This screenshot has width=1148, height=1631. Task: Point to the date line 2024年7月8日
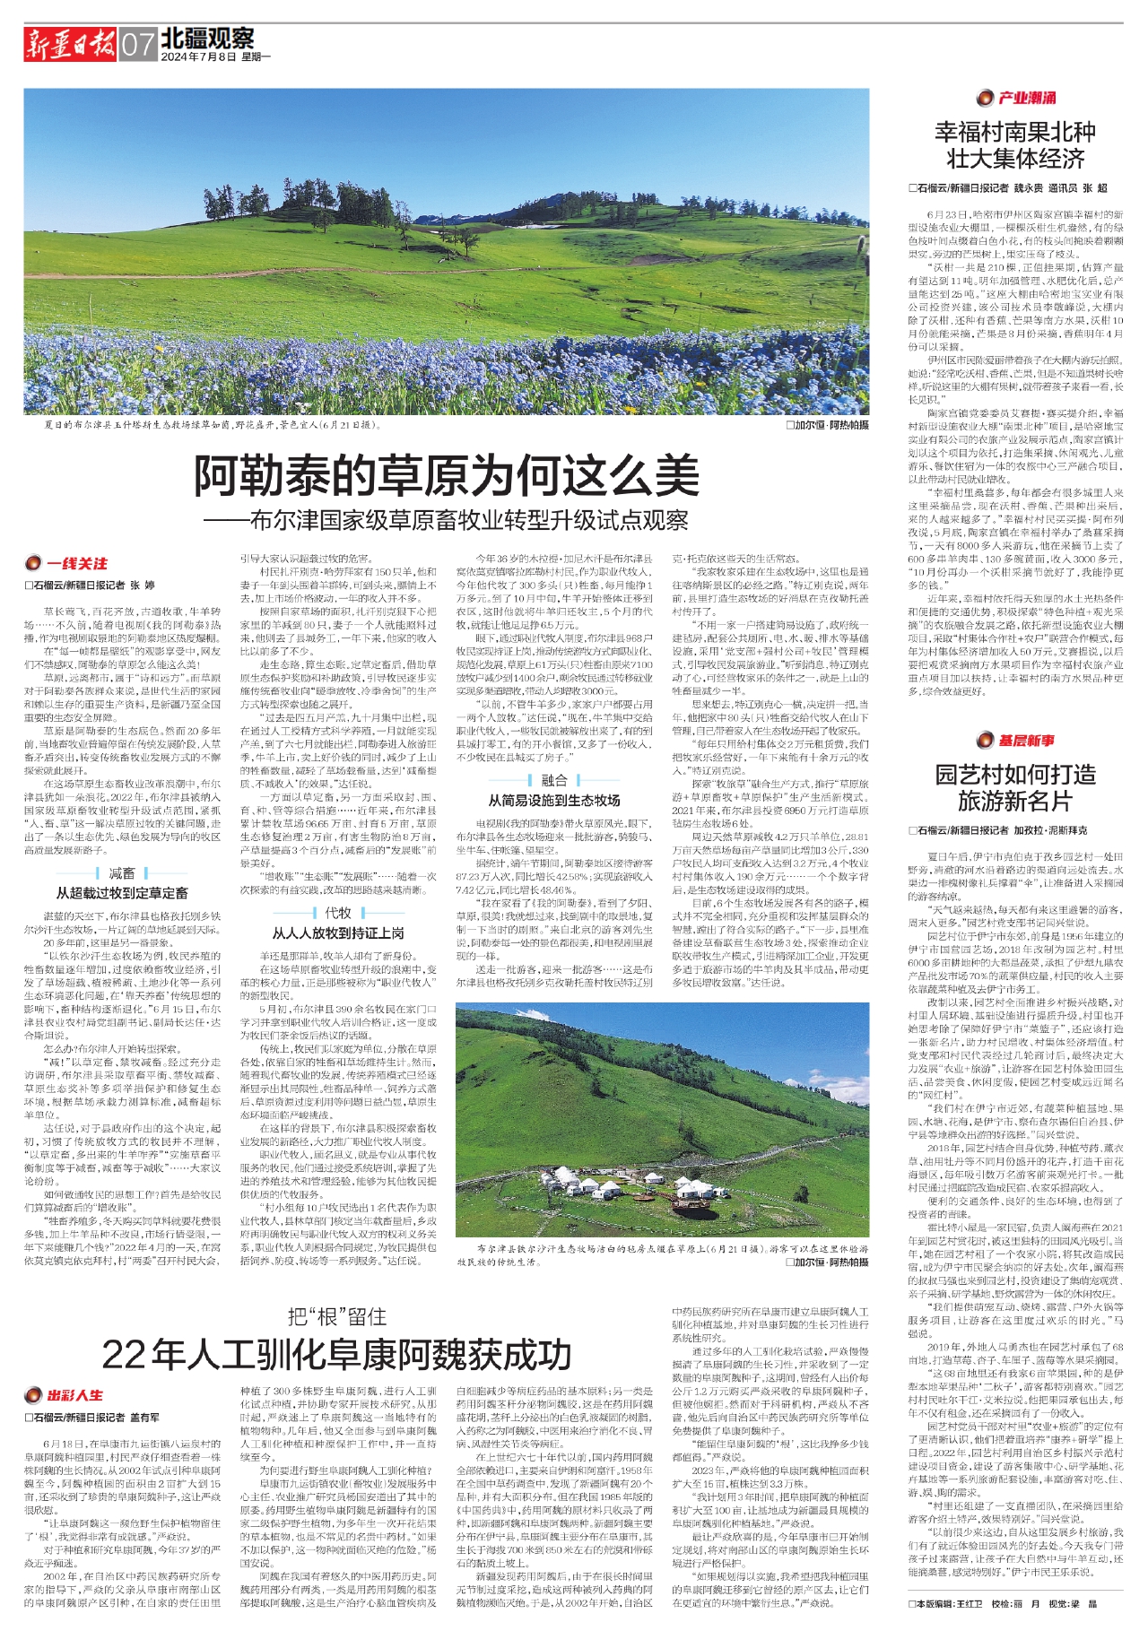[198, 56]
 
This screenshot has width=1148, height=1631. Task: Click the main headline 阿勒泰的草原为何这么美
[447, 475]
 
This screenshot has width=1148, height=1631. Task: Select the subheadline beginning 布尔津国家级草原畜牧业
[446, 520]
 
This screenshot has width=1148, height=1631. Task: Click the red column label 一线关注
[76, 563]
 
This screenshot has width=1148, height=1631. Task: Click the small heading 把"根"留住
[337, 1316]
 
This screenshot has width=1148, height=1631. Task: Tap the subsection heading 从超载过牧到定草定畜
[122, 892]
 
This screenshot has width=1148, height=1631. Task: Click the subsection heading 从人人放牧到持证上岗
[338, 933]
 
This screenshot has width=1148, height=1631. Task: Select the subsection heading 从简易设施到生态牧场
[553, 800]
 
